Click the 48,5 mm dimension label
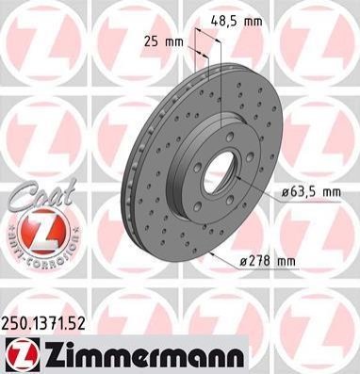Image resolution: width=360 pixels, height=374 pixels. [x=237, y=22]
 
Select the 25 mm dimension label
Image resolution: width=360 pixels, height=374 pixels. [x=164, y=41]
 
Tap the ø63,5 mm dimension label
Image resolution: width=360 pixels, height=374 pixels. [x=311, y=191]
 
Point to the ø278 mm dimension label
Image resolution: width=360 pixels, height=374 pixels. [x=268, y=261]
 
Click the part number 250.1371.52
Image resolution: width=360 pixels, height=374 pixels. [x=43, y=324]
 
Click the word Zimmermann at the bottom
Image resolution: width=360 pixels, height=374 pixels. [x=143, y=356]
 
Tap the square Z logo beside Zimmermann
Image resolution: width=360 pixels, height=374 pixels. [x=23, y=355]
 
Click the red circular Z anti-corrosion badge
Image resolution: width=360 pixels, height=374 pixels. [x=41, y=231]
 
